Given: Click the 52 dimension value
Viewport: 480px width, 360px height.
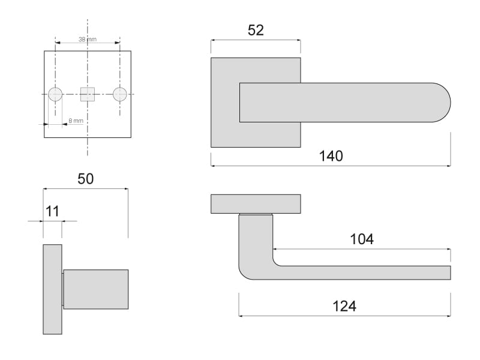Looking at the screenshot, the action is point(256,30).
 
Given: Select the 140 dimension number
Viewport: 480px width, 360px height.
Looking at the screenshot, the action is point(331,156).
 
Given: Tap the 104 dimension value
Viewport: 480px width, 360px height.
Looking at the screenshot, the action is point(362,239).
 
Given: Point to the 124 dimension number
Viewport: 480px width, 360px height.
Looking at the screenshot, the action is point(344,306).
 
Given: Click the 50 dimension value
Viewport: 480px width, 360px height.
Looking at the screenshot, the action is point(85,179).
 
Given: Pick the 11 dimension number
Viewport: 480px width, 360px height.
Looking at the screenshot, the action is point(52,211).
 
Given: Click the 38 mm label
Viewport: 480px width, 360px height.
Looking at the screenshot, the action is point(88,39).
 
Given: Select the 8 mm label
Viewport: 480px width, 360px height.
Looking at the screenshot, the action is point(76,121).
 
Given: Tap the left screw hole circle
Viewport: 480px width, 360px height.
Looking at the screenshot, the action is point(55,94).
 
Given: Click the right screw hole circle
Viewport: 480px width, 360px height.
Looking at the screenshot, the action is point(119,94).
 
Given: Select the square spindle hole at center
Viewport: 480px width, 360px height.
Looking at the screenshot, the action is point(88,94).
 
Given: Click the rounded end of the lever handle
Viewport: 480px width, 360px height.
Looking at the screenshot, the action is point(442,103).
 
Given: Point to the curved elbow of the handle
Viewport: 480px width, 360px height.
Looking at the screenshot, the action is point(247,272).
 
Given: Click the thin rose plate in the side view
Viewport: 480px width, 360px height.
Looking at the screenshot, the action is point(52,289).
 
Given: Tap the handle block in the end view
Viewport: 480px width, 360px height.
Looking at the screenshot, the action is point(96,289).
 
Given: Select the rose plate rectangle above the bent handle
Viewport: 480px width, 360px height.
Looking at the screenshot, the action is point(256,204).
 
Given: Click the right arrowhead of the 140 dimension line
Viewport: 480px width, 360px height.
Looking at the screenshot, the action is point(449,166).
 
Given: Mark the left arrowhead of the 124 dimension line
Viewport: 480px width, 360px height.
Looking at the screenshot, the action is point(241,316).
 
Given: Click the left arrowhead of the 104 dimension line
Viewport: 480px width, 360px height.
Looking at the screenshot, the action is point(275,249).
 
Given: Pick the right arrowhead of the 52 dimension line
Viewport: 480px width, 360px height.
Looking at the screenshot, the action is point(298,40).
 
